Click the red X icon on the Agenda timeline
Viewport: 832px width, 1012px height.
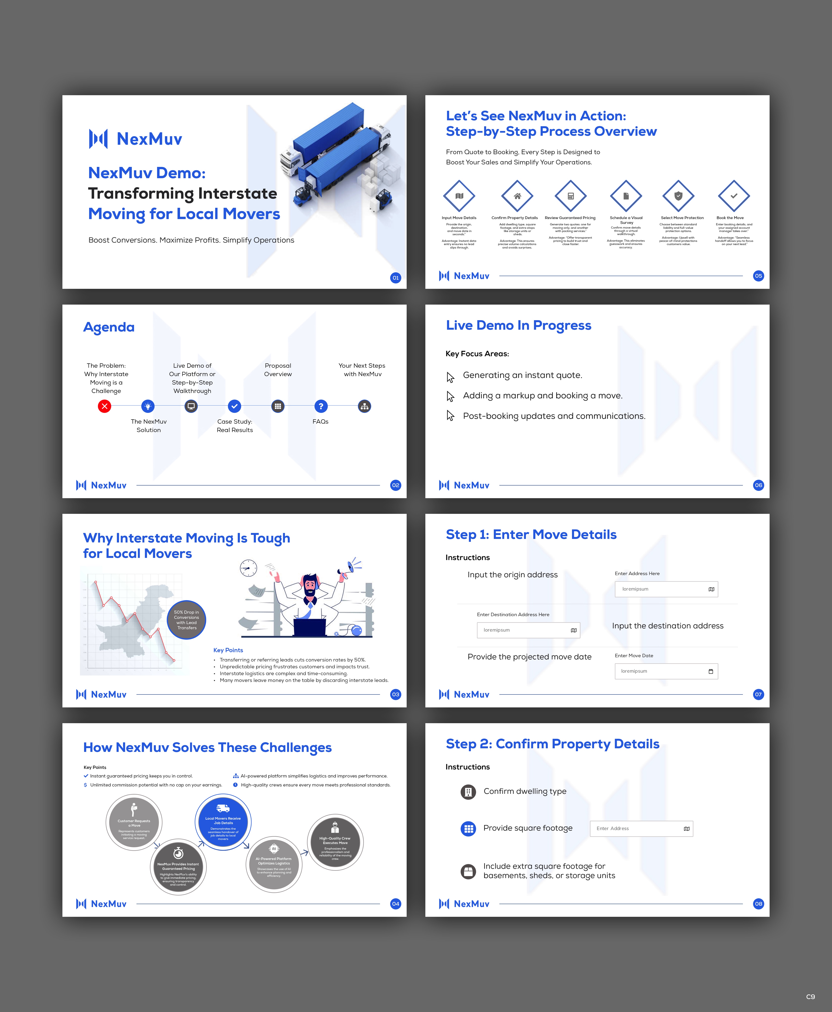(x=104, y=406)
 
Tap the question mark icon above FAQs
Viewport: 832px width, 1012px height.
(x=321, y=406)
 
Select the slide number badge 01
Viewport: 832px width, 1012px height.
(x=395, y=278)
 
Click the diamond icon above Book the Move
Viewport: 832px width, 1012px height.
(x=733, y=196)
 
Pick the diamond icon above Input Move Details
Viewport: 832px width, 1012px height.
(x=459, y=196)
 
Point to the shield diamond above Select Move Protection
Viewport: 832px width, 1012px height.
(x=678, y=196)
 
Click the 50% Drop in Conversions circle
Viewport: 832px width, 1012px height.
(x=186, y=620)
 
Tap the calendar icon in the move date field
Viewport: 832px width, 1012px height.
(x=710, y=672)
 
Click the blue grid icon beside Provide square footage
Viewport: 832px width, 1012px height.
(x=468, y=829)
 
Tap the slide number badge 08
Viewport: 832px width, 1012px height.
(x=758, y=904)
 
